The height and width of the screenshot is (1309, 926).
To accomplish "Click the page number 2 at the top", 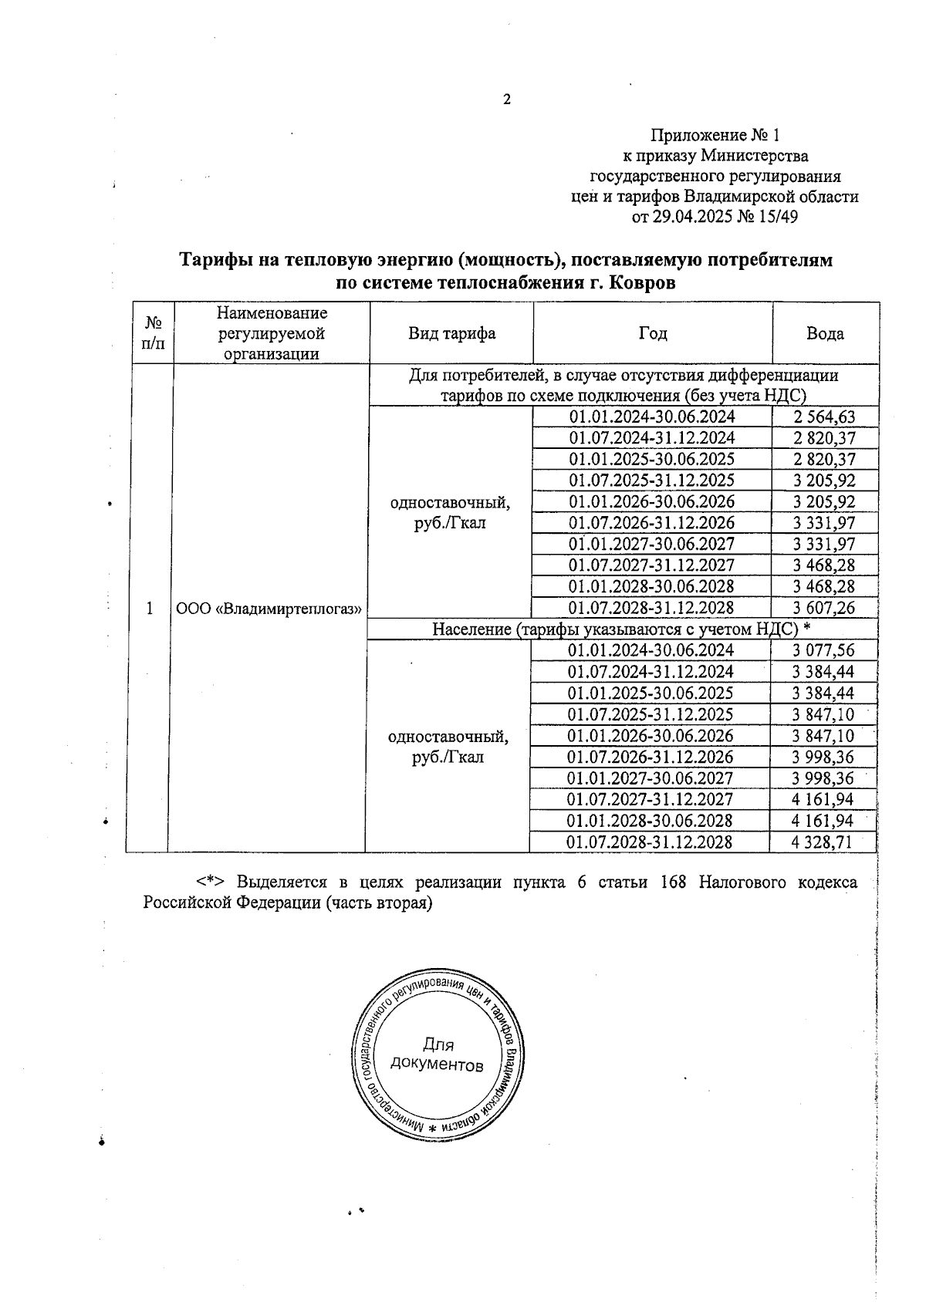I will click(507, 100).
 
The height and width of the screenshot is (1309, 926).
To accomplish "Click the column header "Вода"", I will click(825, 333).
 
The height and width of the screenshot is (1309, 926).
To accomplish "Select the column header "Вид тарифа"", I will click(451, 333).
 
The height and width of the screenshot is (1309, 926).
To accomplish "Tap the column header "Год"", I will click(653, 333).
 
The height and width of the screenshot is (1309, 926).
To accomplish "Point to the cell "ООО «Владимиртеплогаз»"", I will click(269, 608).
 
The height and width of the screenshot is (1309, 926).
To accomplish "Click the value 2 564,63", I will click(824, 417).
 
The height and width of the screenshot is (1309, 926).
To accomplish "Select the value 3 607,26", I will click(824, 608).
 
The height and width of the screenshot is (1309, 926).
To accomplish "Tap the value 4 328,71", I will click(822, 842).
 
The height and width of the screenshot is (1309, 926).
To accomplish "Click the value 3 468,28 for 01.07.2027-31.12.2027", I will click(824, 565).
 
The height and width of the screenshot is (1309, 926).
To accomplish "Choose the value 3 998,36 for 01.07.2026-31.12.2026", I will click(823, 757).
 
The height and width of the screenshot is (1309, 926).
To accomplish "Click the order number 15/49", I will click(778, 218).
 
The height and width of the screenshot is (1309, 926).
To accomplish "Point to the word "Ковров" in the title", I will click(642, 283).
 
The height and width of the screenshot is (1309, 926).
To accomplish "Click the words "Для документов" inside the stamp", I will click(438, 1054).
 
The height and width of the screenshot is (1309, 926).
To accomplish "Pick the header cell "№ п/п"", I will click(153, 332).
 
